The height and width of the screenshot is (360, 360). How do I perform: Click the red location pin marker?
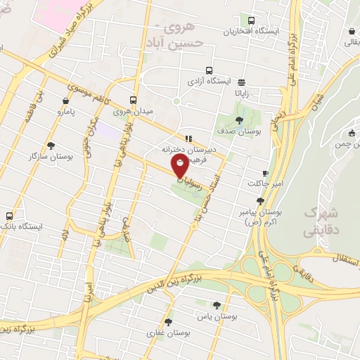click(181, 167)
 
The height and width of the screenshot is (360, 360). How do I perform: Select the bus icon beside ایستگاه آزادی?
click(209, 70)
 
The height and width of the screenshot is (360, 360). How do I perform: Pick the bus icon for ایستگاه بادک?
click(10, 216)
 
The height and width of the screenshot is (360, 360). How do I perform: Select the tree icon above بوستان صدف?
click(240, 120)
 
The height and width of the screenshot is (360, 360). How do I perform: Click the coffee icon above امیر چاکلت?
click(265, 173)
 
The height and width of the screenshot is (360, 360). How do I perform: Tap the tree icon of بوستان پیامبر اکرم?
click(260, 200)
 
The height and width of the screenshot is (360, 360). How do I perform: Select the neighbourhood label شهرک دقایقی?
click(320, 221)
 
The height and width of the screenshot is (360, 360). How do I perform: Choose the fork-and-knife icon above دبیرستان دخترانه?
click(188, 138)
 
